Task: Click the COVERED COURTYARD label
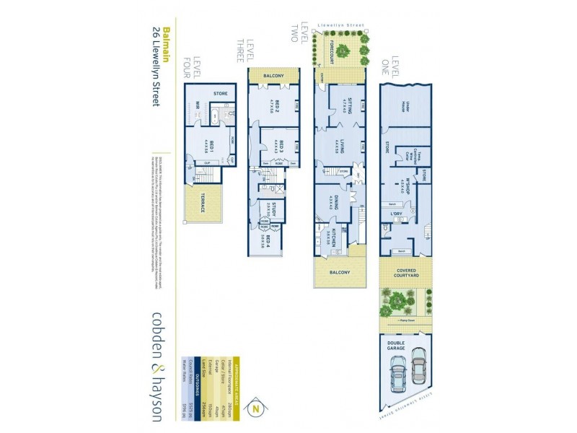[406, 274]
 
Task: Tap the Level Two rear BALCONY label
[340, 273]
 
